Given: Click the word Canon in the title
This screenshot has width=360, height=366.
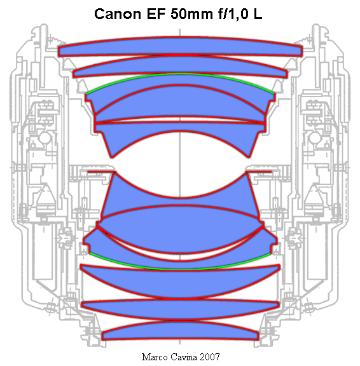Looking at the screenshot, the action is coord(118,14).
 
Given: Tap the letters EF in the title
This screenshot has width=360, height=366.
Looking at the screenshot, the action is coord(156,14).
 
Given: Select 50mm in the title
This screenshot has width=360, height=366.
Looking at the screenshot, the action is coord(192,14).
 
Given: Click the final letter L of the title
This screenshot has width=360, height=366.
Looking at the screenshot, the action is coord(258,14).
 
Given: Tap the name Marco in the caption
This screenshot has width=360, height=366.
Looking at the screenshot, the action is coord(155,357).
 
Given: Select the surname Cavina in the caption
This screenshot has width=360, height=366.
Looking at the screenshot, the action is coord(184,357).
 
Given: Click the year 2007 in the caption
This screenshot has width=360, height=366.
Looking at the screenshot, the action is coord(210,357).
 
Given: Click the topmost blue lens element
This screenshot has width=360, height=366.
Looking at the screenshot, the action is coord(180,46).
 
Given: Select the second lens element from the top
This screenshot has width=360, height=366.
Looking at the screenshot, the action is coord(180,66).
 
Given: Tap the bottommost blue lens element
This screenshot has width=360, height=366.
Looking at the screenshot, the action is coord(180,331).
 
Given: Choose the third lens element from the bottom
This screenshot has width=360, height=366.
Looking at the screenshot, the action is coord(180,283).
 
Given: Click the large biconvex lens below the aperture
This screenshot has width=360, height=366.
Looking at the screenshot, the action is coord(180,229).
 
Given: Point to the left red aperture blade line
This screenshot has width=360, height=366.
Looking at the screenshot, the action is coord(102,172).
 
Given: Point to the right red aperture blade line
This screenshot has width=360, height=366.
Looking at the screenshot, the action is coord(258,172).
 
